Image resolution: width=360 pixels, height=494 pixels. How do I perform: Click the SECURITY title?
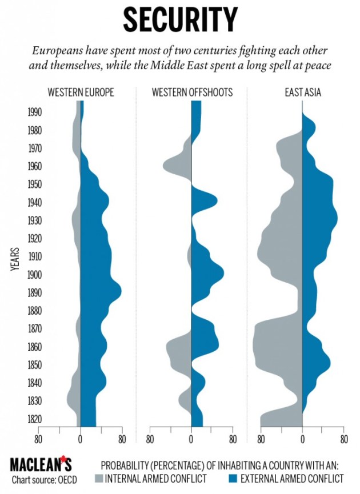click(x=180, y=20)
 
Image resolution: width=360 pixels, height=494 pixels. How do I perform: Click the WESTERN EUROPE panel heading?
click(x=81, y=92)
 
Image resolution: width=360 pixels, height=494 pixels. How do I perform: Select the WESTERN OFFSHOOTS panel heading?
click(x=192, y=92)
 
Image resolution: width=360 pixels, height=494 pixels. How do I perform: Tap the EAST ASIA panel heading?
click(x=303, y=92)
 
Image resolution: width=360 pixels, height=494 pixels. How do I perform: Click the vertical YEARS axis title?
click(x=17, y=263)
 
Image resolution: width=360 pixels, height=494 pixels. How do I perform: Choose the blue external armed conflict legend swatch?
click(x=231, y=478)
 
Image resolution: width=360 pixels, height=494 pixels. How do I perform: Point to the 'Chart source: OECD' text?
click(x=45, y=479)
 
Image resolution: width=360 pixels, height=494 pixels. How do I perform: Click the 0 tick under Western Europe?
click(x=81, y=439)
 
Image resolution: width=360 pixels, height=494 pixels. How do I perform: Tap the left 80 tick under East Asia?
click(x=261, y=439)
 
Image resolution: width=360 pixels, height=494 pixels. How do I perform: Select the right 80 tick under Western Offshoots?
click(x=233, y=439)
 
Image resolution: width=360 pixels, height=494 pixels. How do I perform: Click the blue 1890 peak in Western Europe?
click(x=114, y=291)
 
